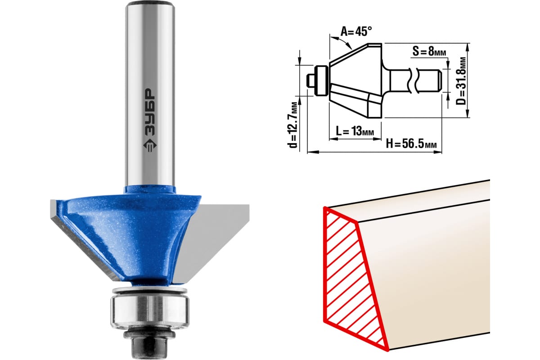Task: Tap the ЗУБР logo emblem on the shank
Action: tap(150, 146)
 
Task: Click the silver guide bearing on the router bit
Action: tap(150, 314)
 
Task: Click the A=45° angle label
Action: tap(356, 31)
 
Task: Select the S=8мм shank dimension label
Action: tap(429, 51)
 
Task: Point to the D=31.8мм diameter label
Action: tap(461, 81)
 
